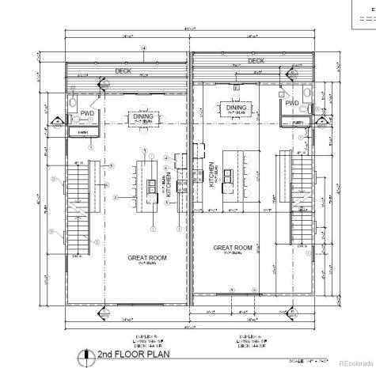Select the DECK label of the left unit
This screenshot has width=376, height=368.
click(123, 71)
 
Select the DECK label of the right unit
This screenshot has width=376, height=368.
click(255, 60)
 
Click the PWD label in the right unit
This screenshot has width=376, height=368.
click(292, 103)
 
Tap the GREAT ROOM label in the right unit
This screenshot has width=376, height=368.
click(233, 247)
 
